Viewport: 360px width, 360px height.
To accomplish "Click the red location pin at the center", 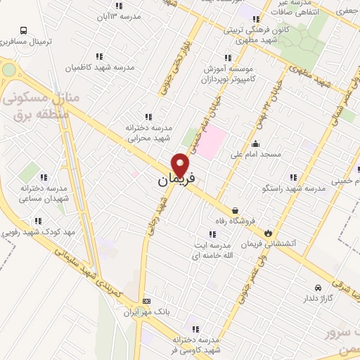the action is (x=181, y=164).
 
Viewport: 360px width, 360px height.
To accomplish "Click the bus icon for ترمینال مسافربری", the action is (x=24, y=31).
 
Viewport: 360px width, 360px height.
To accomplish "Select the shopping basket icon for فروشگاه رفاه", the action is (x=234, y=210).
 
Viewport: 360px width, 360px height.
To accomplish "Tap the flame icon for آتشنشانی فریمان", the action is (x=269, y=232).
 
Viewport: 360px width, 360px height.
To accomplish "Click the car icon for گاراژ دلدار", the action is (x=319, y=287).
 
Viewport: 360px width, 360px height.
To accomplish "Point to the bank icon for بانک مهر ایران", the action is (x=146, y=300).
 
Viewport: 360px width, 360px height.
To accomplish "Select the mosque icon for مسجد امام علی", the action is (x=255, y=145).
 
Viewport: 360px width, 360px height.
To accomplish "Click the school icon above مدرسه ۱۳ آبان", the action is (x=138, y=5).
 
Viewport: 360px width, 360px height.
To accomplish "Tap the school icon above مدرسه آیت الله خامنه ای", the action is (x=212, y=234).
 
